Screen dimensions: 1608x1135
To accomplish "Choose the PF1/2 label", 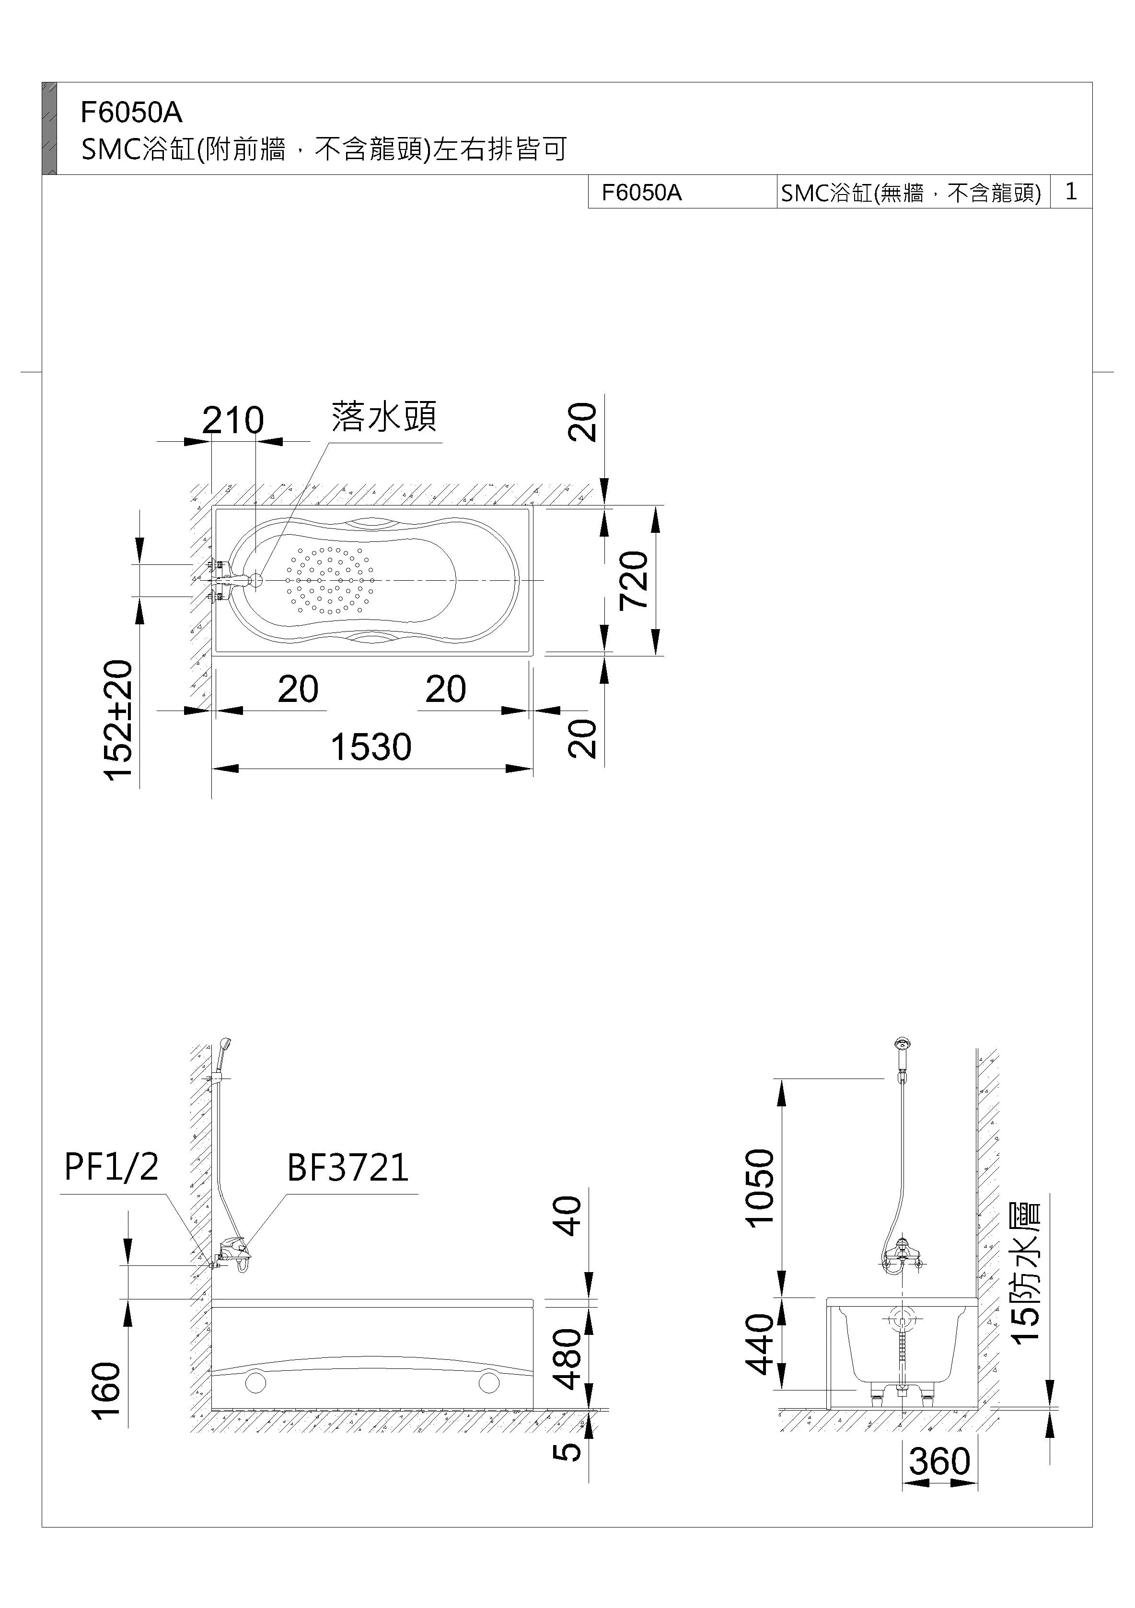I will pos(111,1168).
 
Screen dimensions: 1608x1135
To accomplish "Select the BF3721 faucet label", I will pos(347,1168).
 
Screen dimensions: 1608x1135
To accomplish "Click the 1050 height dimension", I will pos(760,1188).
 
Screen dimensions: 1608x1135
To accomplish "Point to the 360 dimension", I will pos(939,1462).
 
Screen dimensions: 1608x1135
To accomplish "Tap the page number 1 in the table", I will pos(1071,191).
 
